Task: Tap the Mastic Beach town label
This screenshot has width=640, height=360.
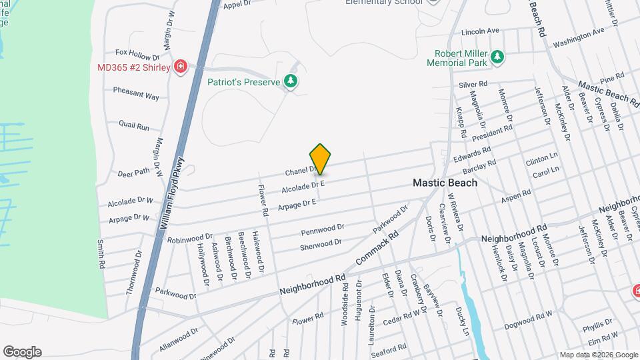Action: coord(445,182)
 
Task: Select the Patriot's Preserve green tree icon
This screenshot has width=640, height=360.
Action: coord(291,81)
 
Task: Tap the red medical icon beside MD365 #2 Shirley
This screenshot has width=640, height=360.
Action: coord(180,67)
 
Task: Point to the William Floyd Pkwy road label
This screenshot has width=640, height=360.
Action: coord(172,198)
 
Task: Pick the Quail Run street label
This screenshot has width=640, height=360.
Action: coord(134,125)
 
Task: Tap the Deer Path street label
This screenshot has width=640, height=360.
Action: coord(133,173)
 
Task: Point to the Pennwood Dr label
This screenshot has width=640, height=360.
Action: coord(322,230)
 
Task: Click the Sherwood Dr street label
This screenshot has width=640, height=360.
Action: coord(321,245)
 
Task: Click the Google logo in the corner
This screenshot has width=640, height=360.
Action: coord(22,351)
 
